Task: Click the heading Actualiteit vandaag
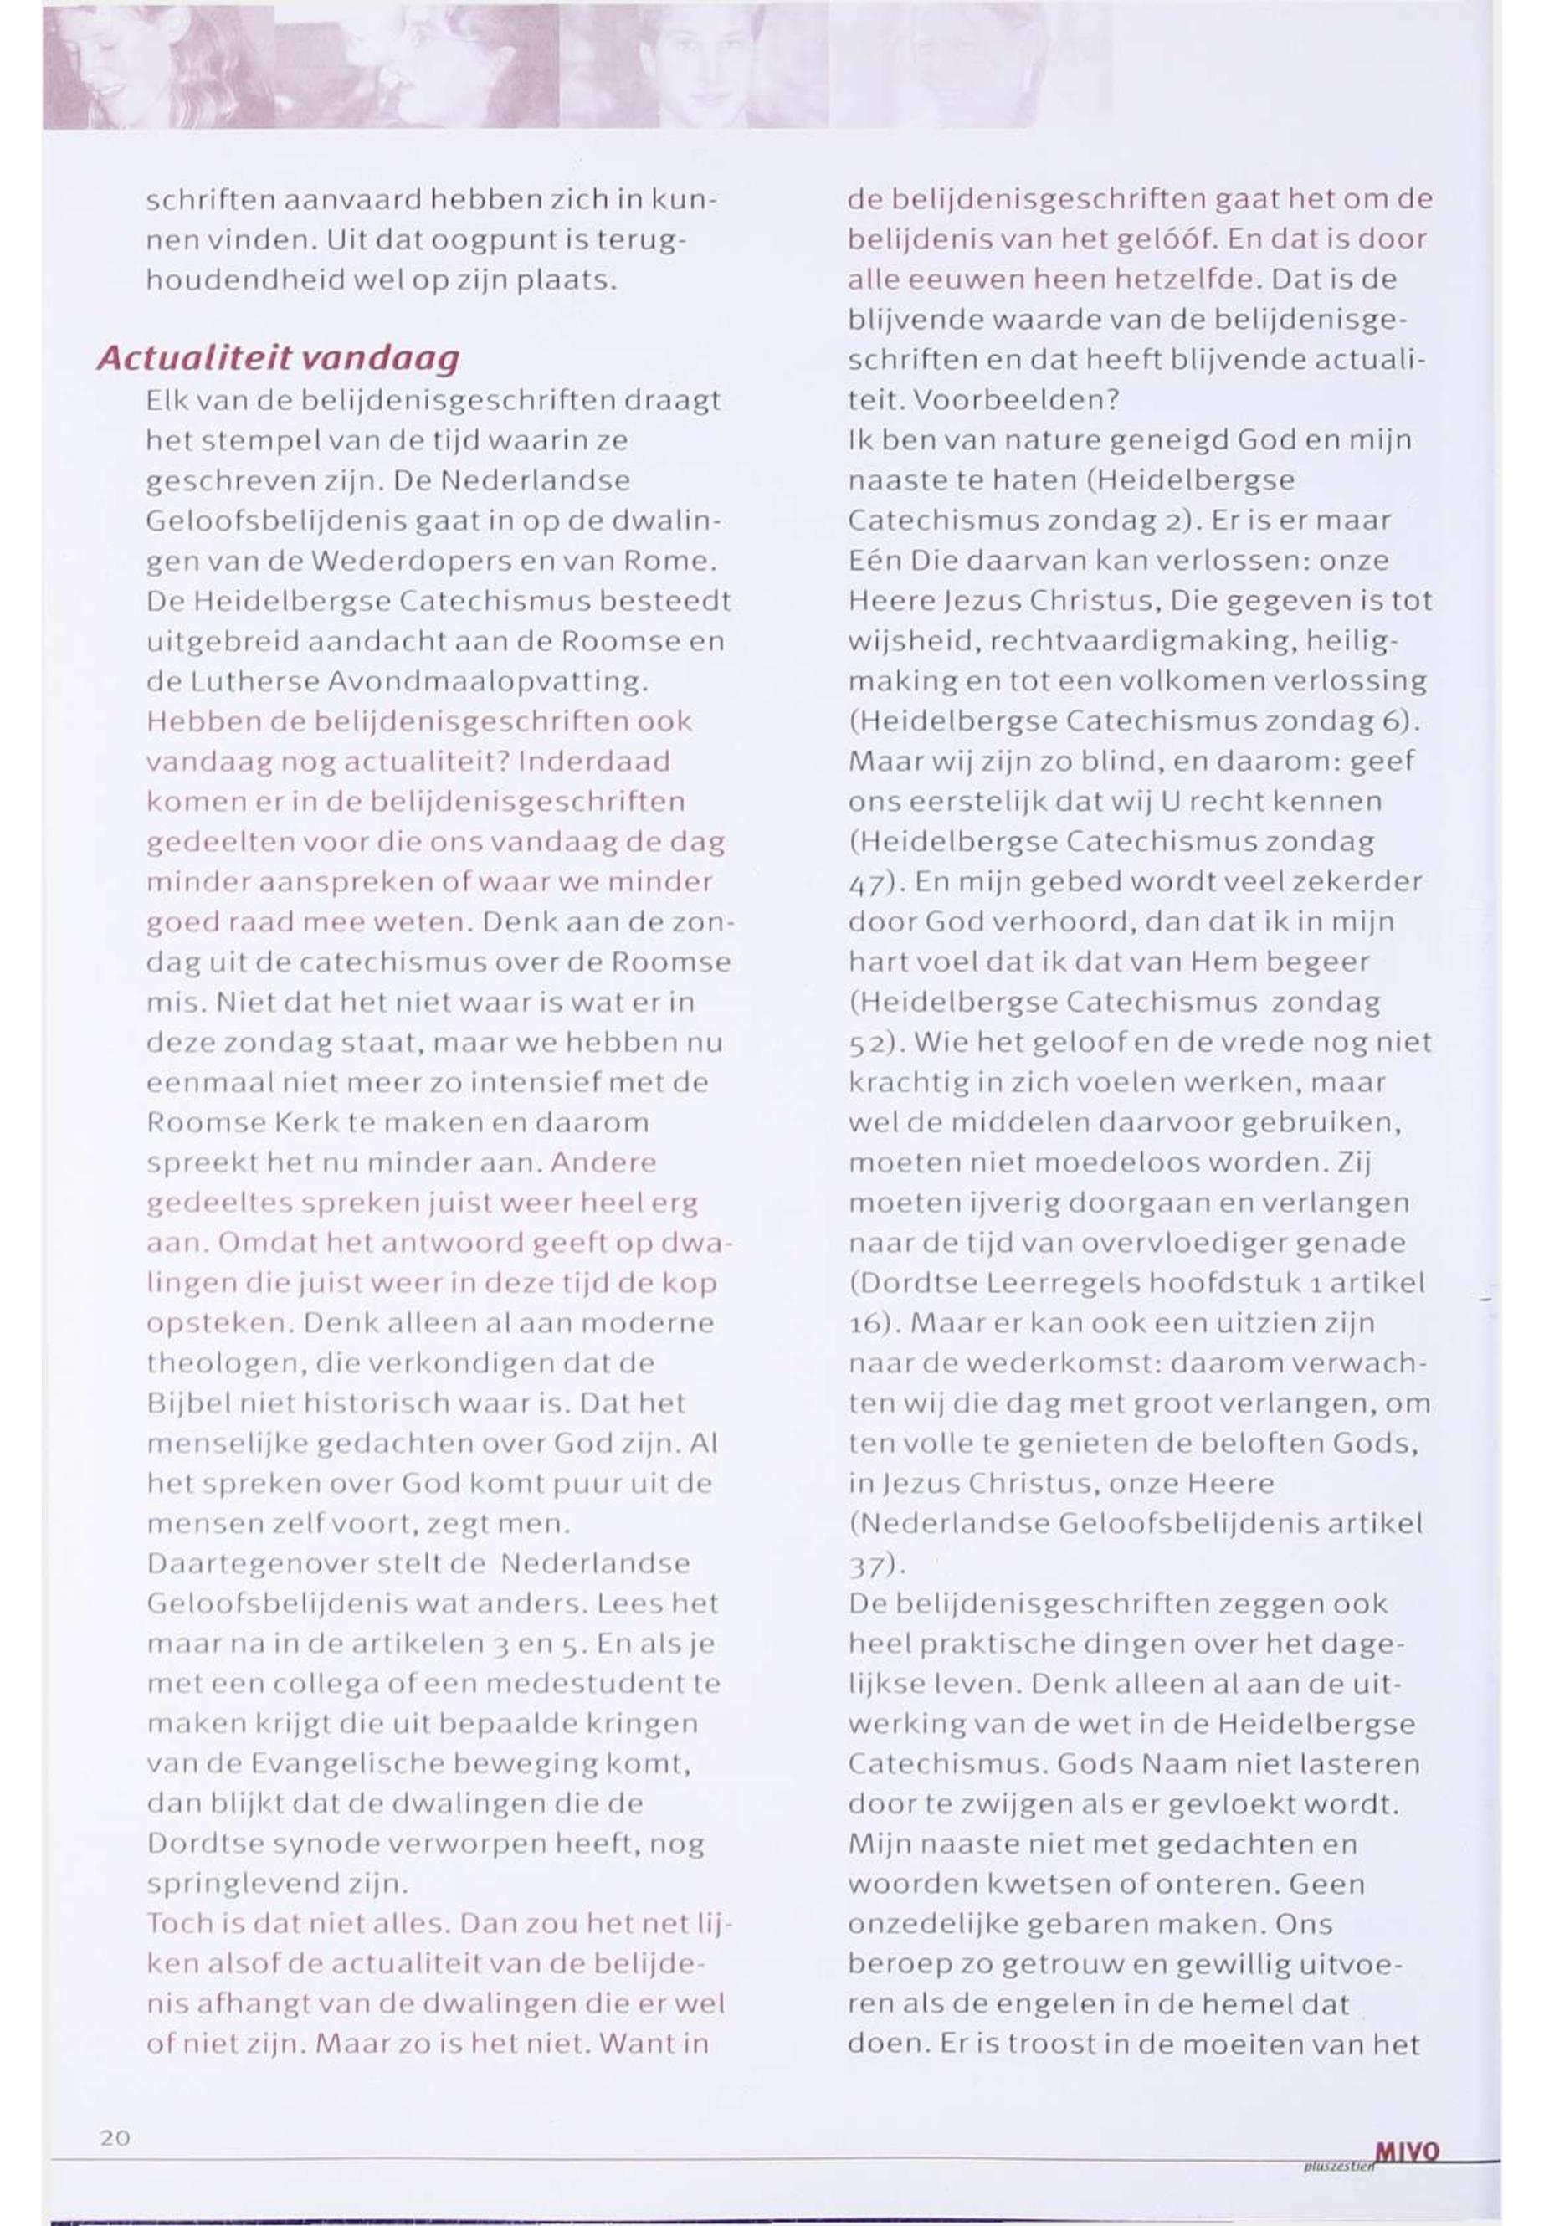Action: [x=278, y=359]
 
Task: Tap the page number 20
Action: [x=115, y=2138]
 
